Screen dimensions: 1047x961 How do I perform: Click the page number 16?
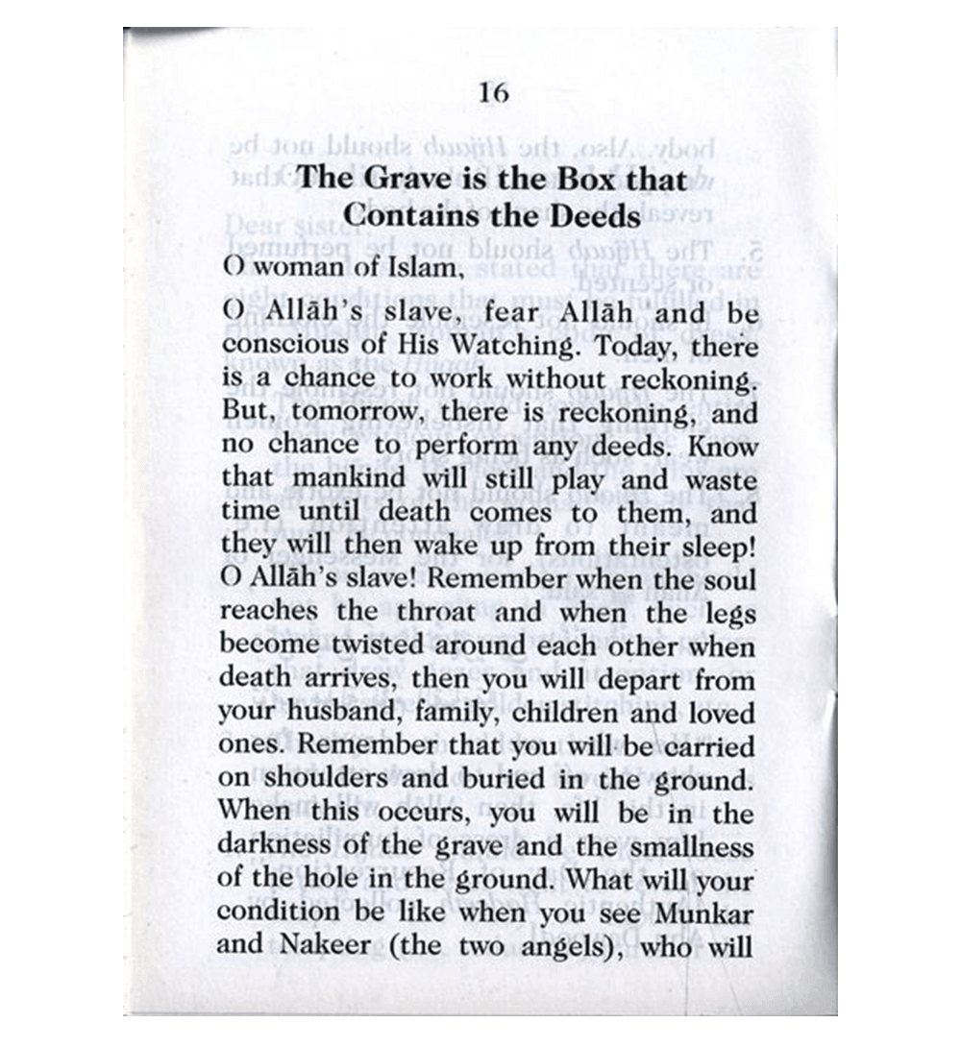coord(493,93)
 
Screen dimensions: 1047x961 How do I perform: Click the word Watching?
coord(505,347)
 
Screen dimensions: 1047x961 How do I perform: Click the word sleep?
coord(708,546)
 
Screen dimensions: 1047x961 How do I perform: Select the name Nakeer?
coord(318,945)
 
